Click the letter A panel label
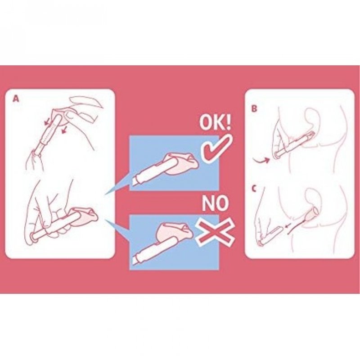coord(16,99)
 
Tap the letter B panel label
coord(254,108)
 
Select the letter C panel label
coord(254,189)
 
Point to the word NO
coord(216,203)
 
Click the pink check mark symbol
coord(216,149)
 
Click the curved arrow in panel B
coord(261,159)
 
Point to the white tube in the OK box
coord(153,171)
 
